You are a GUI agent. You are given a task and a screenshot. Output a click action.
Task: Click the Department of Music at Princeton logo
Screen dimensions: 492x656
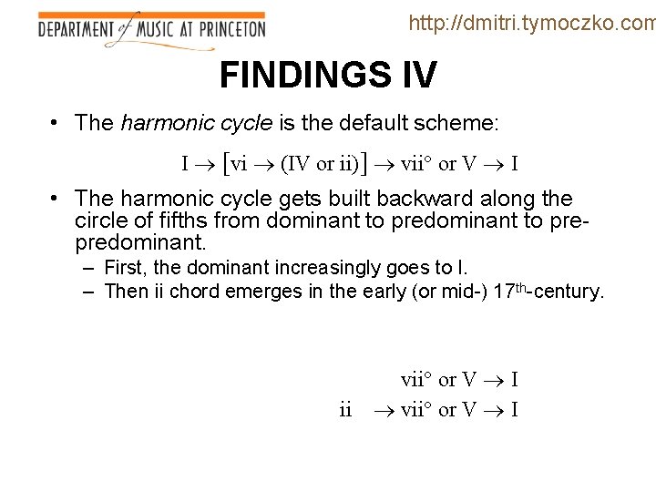[151, 29]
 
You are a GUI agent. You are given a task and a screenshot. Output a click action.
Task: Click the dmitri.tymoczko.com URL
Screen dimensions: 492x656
[532, 23]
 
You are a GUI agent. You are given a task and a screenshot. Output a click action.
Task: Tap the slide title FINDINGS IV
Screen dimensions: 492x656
[328, 76]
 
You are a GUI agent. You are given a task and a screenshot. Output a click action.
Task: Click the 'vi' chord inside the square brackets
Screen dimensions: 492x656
[240, 164]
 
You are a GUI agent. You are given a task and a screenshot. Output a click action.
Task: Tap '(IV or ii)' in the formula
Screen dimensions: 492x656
[319, 164]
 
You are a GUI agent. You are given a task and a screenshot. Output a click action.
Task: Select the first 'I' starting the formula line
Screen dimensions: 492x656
[185, 164]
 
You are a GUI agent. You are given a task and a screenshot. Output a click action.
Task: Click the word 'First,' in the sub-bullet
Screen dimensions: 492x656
[128, 268]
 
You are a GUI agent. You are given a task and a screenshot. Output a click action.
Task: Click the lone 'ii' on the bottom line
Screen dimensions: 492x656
[345, 410]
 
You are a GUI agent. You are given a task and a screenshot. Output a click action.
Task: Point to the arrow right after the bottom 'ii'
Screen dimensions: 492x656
[382, 410]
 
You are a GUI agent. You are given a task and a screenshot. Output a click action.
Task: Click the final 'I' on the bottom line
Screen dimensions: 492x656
[514, 410]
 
